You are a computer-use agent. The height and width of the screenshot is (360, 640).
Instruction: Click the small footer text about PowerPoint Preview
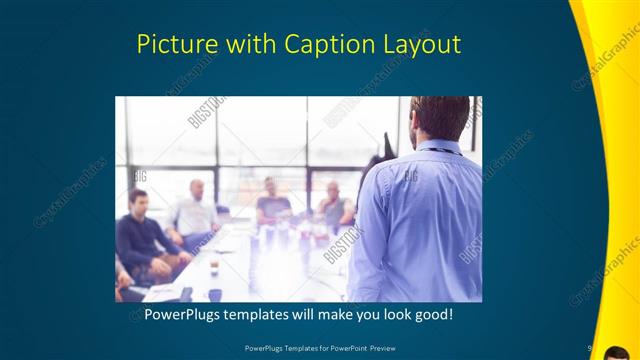319,348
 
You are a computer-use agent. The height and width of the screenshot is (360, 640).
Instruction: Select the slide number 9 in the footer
590,348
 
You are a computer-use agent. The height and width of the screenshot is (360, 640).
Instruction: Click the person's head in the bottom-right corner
618,350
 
